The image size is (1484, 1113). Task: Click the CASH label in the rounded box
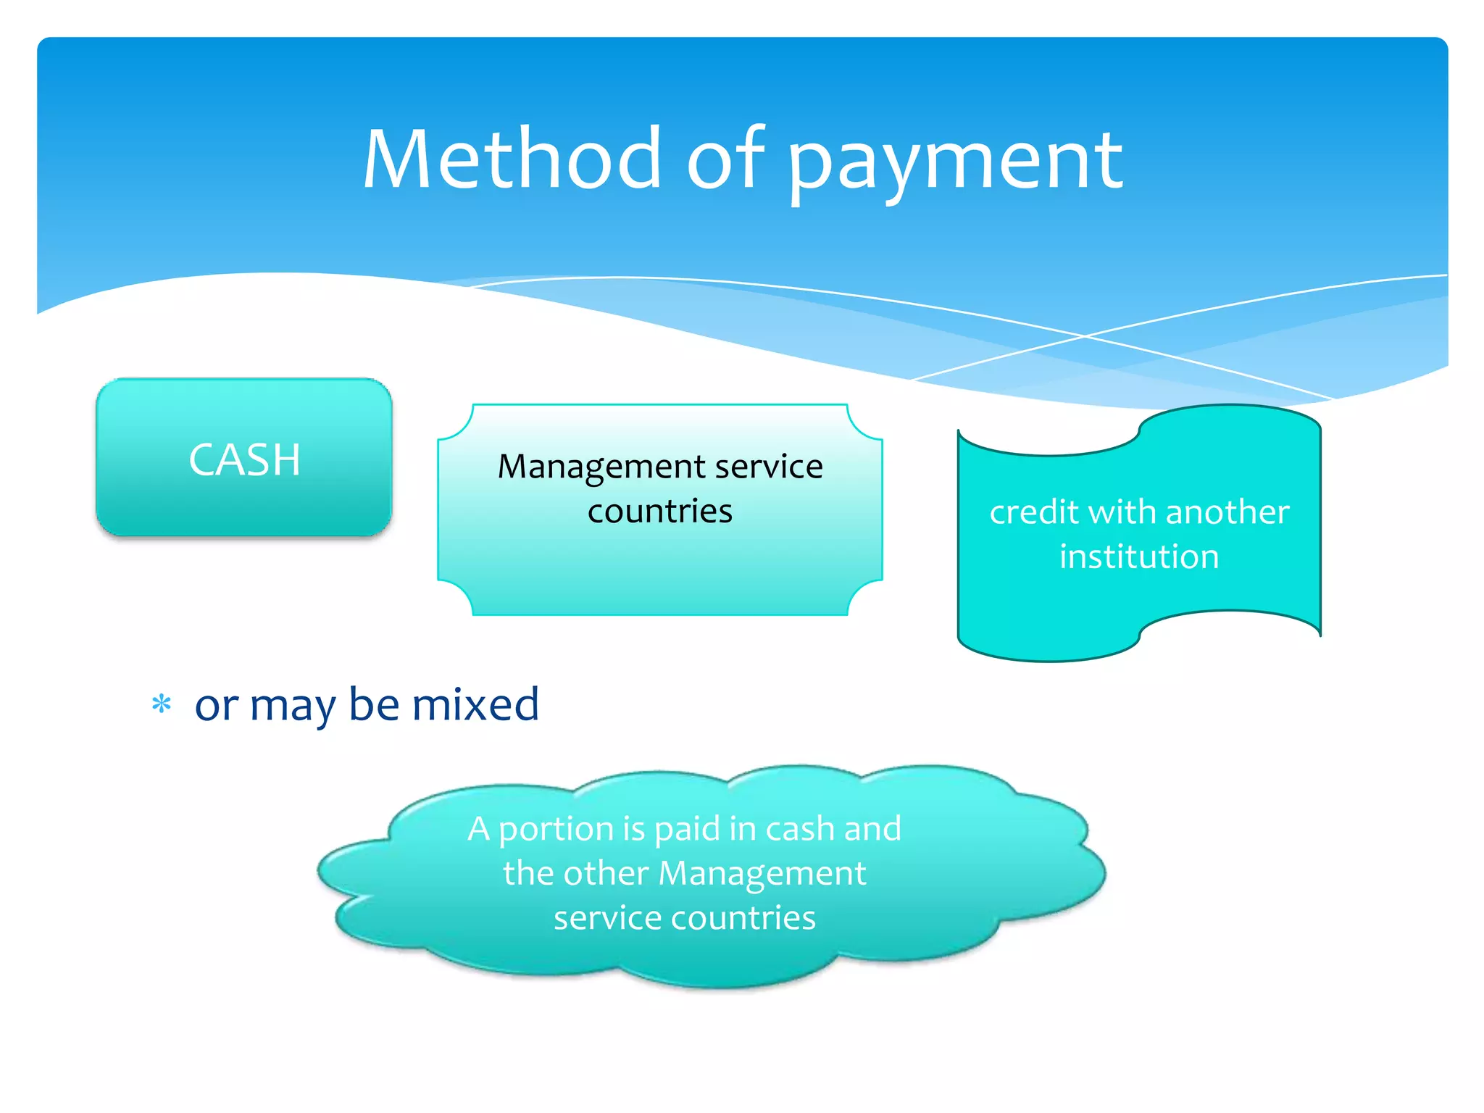[x=244, y=459]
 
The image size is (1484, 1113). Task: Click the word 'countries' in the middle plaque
[x=659, y=512]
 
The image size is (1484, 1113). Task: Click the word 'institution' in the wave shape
[x=1138, y=556]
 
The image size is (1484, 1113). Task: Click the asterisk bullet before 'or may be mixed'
[x=162, y=704]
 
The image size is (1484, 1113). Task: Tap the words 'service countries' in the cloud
[x=684, y=918]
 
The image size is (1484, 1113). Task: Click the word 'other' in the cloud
[x=606, y=873]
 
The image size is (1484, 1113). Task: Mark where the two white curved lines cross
[x=1085, y=336]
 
